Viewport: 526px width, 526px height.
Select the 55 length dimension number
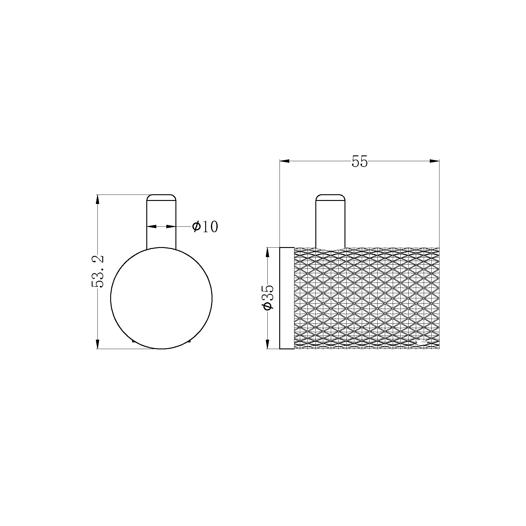coord(359,161)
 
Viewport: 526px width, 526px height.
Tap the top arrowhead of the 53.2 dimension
coord(97,199)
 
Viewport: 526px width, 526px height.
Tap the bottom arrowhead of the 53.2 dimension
coord(97,344)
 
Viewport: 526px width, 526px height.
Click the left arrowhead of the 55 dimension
coord(284,161)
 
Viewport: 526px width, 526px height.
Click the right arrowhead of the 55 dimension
coord(434,161)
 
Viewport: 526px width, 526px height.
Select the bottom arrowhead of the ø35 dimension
coord(267,344)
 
